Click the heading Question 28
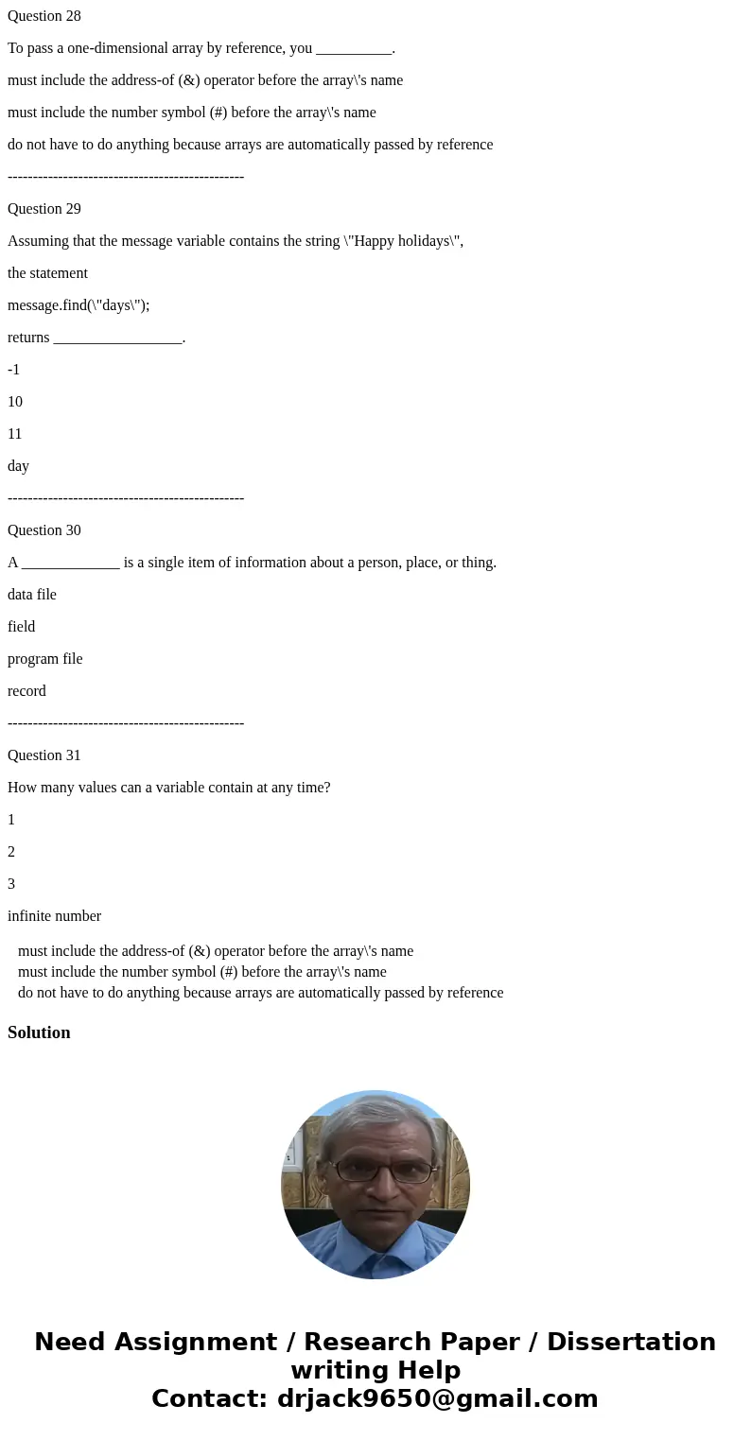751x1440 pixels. (x=44, y=16)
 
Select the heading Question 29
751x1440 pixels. (x=44, y=209)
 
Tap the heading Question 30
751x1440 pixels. (x=44, y=530)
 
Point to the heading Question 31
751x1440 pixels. (x=44, y=755)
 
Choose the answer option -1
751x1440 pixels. (x=14, y=370)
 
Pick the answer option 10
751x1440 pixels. (x=15, y=402)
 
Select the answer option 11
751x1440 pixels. (x=15, y=434)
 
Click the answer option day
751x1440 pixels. (x=19, y=466)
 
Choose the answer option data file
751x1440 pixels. (x=32, y=595)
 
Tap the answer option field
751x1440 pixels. (x=22, y=627)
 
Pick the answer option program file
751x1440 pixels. (x=45, y=659)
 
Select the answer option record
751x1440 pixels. (x=26, y=691)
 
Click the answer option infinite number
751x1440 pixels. (x=54, y=916)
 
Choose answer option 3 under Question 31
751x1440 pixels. (x=11, y=884)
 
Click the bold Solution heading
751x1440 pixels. (x=39, y=1032)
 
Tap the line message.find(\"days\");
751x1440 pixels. (x=79, y=305)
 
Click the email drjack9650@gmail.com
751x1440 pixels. (x=437, y=1398)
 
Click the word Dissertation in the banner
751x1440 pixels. (x=631, y=1342)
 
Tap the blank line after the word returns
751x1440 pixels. (x=117, y=338)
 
